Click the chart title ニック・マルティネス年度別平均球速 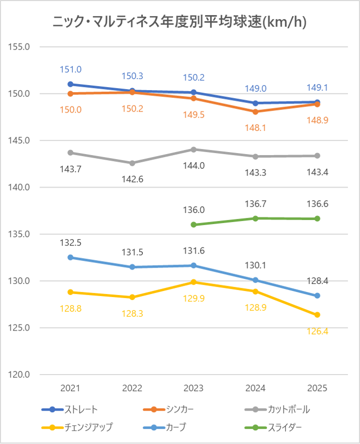[x=179, y=22]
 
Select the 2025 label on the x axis [x=317, y=388]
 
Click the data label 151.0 [x=71, y=69]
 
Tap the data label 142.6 [x=133, y=179]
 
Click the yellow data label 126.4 [x=317, y=331]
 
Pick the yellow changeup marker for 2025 [x=317, y=315]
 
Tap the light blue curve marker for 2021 [x=71, y=257]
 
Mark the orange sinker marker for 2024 [x=256, y=112]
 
